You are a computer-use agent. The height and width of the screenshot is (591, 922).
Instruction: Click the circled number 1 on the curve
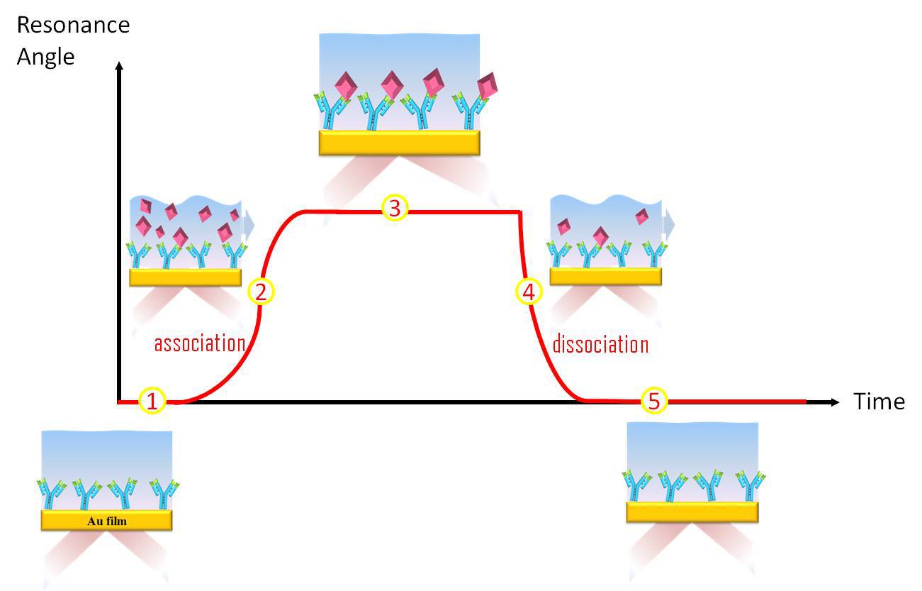pos(152,402)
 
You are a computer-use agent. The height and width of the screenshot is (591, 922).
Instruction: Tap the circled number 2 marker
pos(260,292)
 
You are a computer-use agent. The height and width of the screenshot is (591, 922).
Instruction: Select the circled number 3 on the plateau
pos(395,208)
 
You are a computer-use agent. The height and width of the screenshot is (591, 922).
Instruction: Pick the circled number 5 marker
pos(654,402)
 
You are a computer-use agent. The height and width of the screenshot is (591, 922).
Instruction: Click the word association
pos(200,343)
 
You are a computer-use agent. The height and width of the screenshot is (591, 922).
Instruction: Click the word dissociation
pos(600,344)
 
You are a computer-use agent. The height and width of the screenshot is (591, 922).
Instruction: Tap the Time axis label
pos(879,402)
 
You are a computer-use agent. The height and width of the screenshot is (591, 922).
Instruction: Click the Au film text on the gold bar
pos(107,521)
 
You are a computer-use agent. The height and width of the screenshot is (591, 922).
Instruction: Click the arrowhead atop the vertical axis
pos(119,67)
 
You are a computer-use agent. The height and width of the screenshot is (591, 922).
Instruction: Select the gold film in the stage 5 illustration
pos(692,512)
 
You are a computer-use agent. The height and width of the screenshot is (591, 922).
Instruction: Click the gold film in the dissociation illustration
pos(605,276)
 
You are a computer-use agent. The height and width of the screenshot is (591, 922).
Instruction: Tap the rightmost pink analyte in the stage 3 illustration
pos(488,87)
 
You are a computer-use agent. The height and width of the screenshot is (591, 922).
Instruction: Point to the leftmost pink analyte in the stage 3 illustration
pos(346,86)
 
